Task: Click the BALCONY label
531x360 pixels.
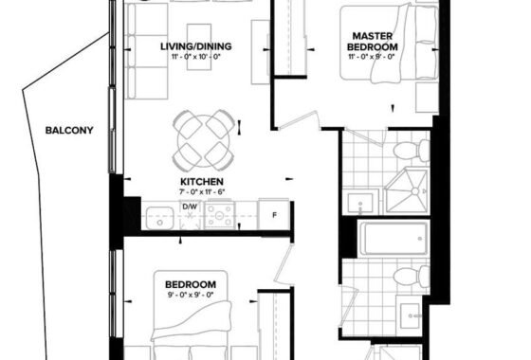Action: click(x=69, y=131)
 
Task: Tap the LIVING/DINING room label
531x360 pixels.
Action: click(x=196, y=46)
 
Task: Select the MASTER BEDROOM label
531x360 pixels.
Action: click(x=373, y=42)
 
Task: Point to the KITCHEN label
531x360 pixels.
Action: click(x=202, y=182)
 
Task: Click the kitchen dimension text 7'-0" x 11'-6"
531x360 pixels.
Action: click(x=202, y=191)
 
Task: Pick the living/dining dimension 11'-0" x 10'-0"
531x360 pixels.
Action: click(x=196, y=56)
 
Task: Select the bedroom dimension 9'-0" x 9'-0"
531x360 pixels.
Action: click(x=191, y=295)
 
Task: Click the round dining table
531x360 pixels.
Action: click(x=203, y=140)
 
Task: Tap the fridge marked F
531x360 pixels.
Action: click(x=274, y=215)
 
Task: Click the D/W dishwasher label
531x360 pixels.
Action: click(x=190, y=207)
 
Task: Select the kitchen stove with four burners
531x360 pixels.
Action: click(x=219, y=215)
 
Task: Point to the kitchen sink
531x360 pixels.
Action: click(x=160, y=218)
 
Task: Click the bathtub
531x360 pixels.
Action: click(x=394, y=238)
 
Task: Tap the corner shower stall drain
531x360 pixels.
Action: click(x=415, y=191)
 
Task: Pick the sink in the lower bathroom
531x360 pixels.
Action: click(x=411, y=316)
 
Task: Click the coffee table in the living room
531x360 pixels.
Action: click(x=199, y=46)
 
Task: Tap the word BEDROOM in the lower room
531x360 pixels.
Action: click(x=191, y=284)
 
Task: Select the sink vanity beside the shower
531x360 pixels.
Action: click(x=361, y=203)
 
